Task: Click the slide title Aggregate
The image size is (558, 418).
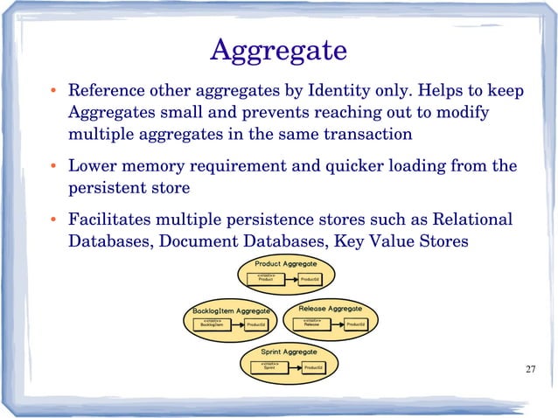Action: tap(278, 50)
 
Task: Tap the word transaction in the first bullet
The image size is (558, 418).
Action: tap(353, 135)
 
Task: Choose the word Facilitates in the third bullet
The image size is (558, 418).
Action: tap(112, 219)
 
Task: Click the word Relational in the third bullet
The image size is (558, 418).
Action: tap(472, 219)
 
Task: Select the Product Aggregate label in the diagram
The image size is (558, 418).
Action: tap(285, 263)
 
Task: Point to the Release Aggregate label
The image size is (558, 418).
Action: tap(331, 309)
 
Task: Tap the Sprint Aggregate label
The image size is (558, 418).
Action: tap(289, 352)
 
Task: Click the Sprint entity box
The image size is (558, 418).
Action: tap(269, 367)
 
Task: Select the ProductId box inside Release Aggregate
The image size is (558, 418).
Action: tap(355, 324)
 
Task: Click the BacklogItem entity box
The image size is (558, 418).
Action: tap(212, 324)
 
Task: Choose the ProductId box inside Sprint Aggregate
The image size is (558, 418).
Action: tap(313, 368)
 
